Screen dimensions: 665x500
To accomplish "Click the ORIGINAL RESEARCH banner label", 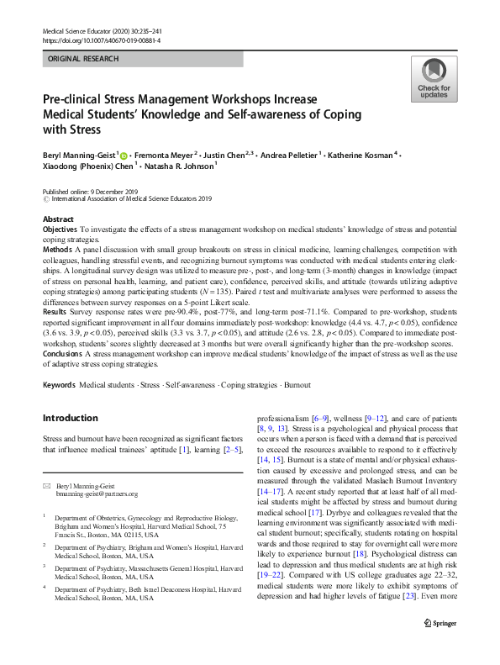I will click(83, 59).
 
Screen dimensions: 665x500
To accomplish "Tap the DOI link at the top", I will click(101, 40).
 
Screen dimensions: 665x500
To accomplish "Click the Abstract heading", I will click(58, 219).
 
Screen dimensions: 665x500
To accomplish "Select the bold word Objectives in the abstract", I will click(60, 229).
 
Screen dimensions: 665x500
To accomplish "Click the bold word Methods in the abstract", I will click(56, 250).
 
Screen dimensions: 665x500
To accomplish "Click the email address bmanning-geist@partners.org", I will click(97, 494).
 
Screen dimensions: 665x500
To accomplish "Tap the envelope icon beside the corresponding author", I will click(47, 486).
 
